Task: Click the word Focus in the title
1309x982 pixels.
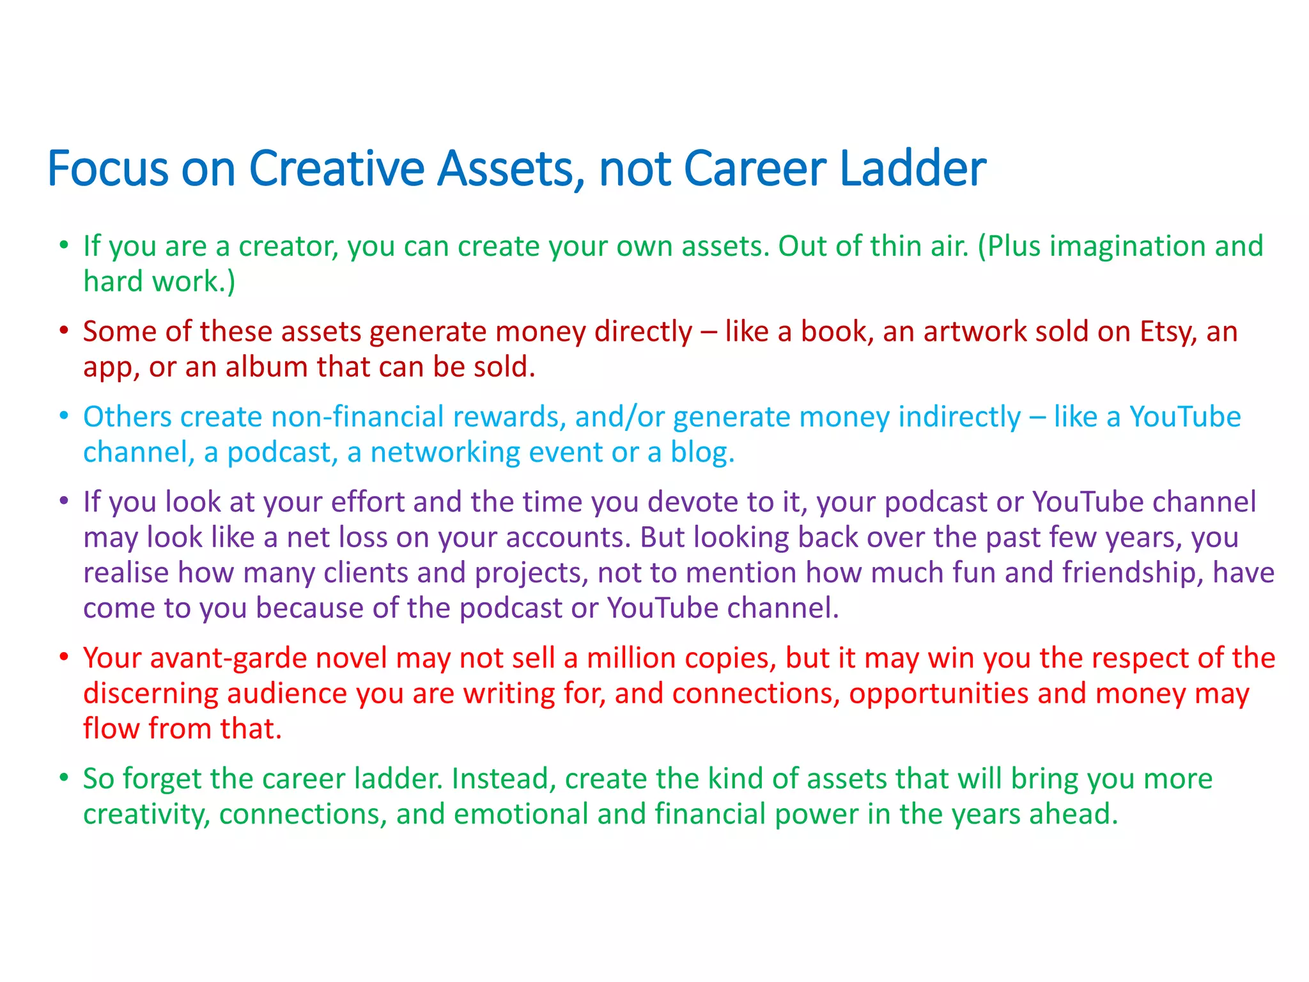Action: click(x=107, y=168)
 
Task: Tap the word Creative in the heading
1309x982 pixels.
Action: click(x=336, y=168)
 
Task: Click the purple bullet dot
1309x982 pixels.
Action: click(x=63, y=501)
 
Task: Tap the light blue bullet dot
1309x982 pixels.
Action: click(x=63, y=416)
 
